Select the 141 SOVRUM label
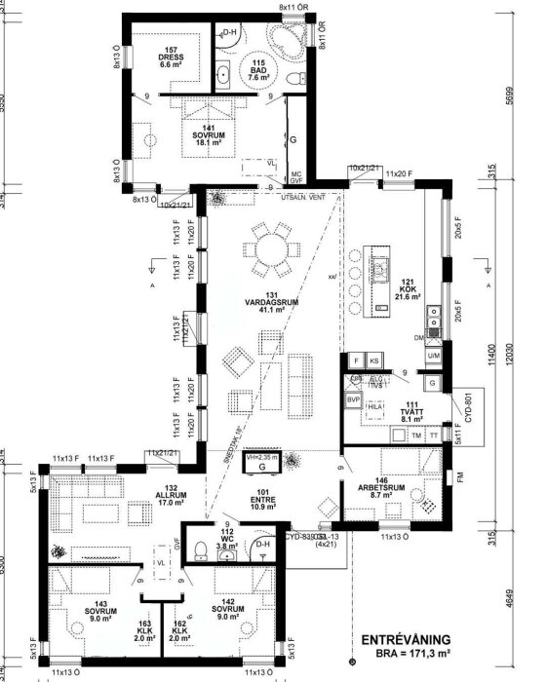203,134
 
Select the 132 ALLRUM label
173,496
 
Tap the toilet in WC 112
199,549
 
